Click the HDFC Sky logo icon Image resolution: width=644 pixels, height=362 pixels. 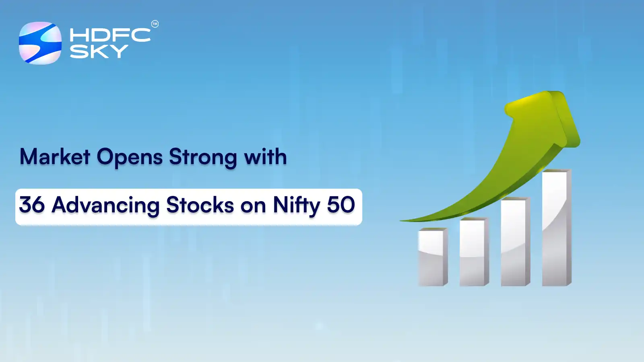pos(40,43)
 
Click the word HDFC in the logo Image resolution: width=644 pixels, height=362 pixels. pos(110,35)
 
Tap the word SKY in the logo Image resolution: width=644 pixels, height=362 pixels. pos(99,51)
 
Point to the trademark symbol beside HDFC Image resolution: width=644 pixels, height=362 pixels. pos(155,24)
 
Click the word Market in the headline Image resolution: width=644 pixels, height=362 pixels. pos(55,157)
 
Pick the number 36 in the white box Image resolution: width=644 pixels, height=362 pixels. pos(32,205)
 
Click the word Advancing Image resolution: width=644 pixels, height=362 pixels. pos(106,206)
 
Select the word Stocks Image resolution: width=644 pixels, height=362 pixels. pos(200,205)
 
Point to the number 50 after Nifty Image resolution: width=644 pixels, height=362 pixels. pos(341,205)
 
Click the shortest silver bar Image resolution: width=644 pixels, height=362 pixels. pos(433,257)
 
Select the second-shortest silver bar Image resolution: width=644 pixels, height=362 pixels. pos(474,252)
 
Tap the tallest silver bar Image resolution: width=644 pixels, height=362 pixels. pos(556,228)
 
